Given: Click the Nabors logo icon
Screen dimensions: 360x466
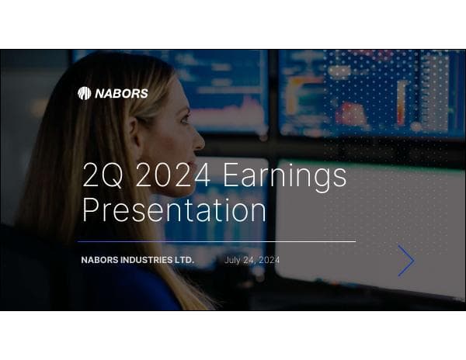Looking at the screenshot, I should [x=84, y=93].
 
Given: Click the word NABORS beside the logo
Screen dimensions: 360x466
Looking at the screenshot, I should [x=121, y=94].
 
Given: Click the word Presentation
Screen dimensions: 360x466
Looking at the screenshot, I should [x=174, y=210].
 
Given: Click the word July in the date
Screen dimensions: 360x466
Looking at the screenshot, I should [x=233, y=260].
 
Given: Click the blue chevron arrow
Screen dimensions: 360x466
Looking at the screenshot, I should [x=406, y=261].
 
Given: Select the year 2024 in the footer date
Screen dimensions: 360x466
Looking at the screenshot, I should [x=269, y=260].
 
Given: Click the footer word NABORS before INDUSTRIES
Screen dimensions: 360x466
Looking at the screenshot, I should [x=100, y=260].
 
